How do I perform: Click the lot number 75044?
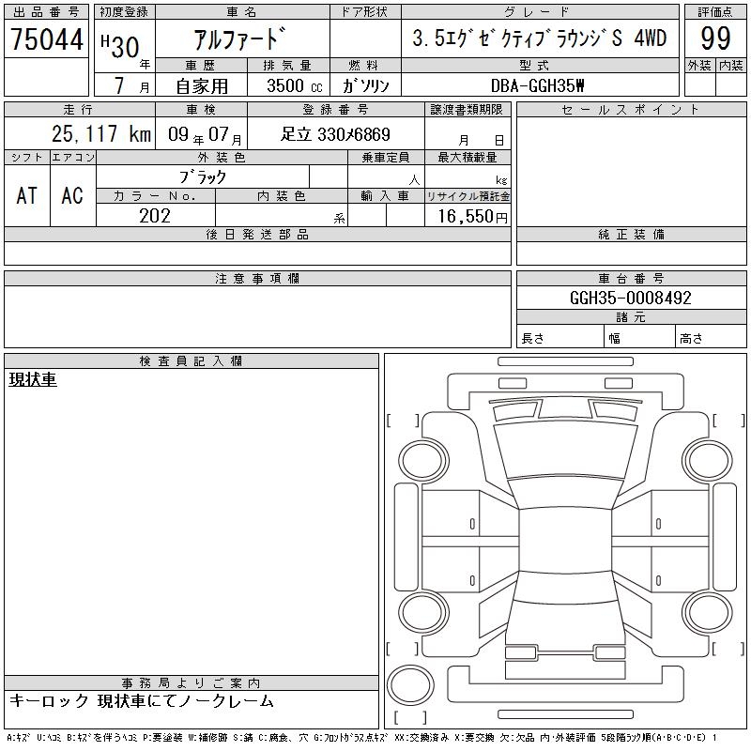coord(47,39)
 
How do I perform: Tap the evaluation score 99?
coord(715,38)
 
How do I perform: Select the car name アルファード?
coord(239,38)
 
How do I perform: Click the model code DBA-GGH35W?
coord(537,85)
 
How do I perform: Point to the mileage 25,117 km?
coord(101,134)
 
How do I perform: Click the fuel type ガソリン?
coord(365,85)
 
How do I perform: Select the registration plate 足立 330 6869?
coord(335,134)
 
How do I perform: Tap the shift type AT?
coord(27,196)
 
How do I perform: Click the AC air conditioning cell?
coord(72,196)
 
